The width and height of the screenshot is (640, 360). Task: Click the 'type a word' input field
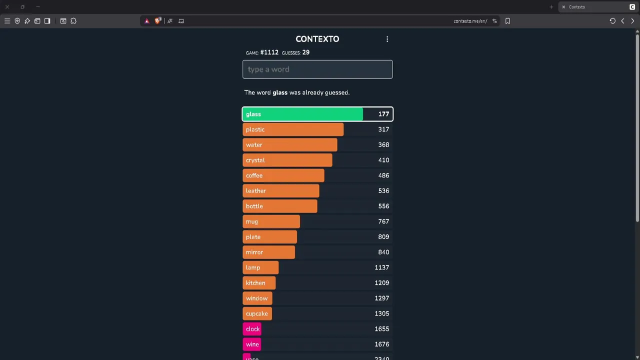point(317,69)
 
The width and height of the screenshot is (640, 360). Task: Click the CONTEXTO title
point(317,39)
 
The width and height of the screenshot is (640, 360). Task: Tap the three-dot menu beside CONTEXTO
point(387,39)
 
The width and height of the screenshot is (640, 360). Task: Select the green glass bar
point(302,114)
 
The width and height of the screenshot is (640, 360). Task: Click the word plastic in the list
point(255,129)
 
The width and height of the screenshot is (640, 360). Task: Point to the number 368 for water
point(383,145)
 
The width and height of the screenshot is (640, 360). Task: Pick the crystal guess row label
point(255,160)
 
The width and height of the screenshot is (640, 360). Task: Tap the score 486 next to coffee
point(383,175)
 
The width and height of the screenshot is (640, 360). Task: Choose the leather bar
point(280,191)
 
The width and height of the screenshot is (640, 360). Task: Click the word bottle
point(254,206)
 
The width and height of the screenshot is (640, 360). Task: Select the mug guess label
point(252,221)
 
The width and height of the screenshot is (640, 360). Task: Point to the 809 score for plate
point(383,237)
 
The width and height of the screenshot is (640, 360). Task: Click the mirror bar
point(268,252)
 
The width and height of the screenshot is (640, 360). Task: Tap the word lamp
point(253,268)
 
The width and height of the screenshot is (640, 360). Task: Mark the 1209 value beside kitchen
point(381,283)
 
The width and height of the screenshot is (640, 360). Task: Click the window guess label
point(256,298)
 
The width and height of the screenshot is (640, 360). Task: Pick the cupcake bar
point(257,314)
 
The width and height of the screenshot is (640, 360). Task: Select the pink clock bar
point(252,329)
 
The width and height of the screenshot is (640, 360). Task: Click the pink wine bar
point(252,344)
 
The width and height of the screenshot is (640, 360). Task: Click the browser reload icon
point(612,21)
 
